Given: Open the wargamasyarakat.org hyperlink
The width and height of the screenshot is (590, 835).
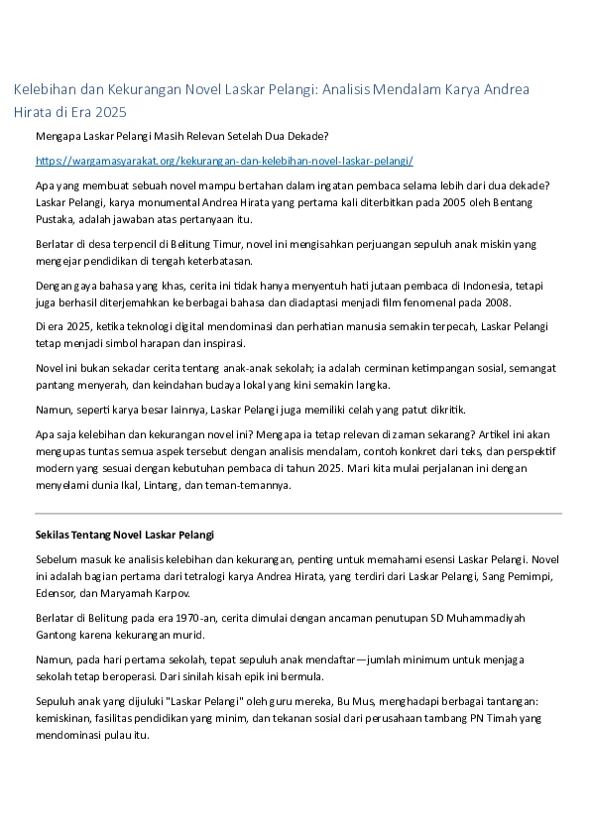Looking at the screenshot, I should click(224, 161).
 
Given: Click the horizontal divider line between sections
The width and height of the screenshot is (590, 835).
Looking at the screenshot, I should click(297, 514).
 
